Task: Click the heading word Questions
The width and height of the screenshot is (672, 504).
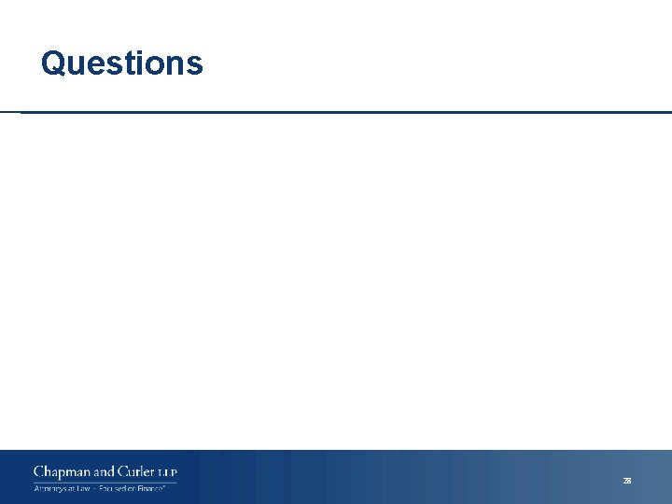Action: [x=121, y=63]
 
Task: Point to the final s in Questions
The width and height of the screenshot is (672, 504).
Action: [x=194, y=66]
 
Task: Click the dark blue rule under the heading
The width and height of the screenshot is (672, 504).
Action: [x=345, y=113]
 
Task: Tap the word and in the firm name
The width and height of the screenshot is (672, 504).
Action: [x=105, y=473]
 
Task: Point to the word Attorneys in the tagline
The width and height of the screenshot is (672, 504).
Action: [x=50, y=488]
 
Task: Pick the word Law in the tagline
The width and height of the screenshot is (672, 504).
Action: [x=82, y=488]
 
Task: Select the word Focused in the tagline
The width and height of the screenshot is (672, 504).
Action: [x=114, y=488]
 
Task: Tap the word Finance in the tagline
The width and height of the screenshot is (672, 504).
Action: [x=153, y=488]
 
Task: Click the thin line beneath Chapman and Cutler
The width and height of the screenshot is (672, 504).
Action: [x=105, y=482]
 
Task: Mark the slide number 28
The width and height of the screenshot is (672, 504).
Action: [x=627, y=481]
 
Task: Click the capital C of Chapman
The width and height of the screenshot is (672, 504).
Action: [x=38, y=473]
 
